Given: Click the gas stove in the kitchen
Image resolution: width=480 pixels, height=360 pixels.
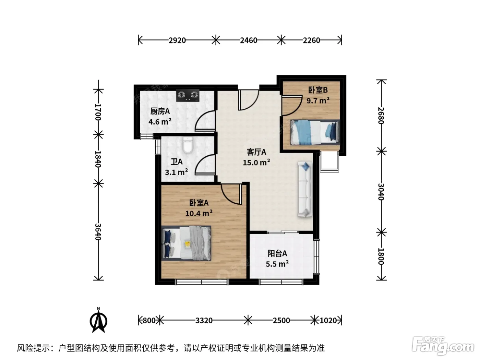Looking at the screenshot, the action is [x=188, y=95].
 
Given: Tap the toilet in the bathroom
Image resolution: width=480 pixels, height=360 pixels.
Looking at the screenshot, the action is [x=188, y=145].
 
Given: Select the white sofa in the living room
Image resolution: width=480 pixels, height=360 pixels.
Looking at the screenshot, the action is [x=304, y=189].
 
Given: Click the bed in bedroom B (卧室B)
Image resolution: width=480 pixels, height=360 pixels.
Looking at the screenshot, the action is [x=315, y=132].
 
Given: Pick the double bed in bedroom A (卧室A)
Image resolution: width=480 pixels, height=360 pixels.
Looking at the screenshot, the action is [x=186, y=243].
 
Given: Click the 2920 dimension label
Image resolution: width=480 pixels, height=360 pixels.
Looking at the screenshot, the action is [x=177, y=40].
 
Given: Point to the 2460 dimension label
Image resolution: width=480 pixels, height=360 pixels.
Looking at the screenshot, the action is [x=249, y=40].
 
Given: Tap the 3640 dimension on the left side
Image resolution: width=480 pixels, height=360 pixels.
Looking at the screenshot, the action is [x=98, y=232].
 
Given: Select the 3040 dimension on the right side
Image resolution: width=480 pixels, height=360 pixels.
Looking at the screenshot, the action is [x=381, y=192].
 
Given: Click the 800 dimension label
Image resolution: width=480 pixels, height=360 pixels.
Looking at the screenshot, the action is [x=149, y=321].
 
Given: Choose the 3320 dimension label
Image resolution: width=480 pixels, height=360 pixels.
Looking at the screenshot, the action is [x=204, y=321].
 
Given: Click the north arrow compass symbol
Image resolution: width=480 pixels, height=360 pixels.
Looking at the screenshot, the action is [x=98, y=321].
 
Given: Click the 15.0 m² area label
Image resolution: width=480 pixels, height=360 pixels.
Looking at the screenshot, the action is [x=256, y=163].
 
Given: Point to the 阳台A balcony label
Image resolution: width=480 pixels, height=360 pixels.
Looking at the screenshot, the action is [x=277, y=253].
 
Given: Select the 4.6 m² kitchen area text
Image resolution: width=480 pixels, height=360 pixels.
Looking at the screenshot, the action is [x=160, y=121].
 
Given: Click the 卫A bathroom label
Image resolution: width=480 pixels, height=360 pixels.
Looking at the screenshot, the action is [x=177, y=162].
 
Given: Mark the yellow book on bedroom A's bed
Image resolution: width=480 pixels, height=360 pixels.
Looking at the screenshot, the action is [x=188, y=244].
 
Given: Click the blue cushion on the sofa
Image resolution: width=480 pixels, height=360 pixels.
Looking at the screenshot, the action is [x=305, y=167].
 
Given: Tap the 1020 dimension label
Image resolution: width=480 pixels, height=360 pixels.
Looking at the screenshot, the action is [x=328, y=321].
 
